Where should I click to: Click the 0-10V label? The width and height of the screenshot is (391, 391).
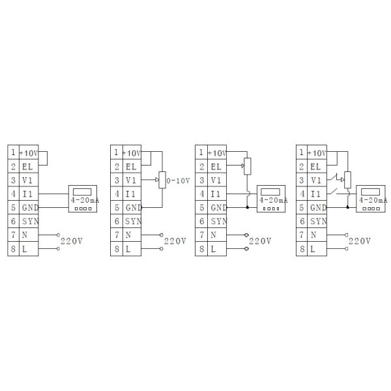pyautogui.click(x=178, y=181)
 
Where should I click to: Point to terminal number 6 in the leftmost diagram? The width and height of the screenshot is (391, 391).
pyautogui.click(x=12, y=221)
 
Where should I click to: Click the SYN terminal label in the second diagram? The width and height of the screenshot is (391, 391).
pyautogui.click(x=133, y=221)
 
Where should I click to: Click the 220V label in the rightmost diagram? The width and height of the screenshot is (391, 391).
pyautogui.click(x=360, y=241)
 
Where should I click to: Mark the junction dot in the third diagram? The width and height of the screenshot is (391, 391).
pyautogui.click(x=247, y=207)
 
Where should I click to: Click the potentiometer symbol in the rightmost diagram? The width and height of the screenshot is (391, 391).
pyautogui.click(x=346, y=177)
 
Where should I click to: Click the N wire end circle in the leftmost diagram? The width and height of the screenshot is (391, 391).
pyautogui.click(x=58, y=235)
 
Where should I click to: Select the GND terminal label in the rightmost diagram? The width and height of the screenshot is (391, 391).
pyautogui.click(x=319, y=207)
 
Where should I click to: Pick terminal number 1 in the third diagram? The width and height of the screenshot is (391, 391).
pyautogui.click(x=201, y=152)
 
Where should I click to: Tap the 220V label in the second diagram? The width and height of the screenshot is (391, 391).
pyautogui.click(x=175, y=241)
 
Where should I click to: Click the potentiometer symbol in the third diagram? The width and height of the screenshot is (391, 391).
pyautogui.click(x=246, y=166)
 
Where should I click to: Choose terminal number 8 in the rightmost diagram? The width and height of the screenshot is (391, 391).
pyautogui.click(x=301, y=248)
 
